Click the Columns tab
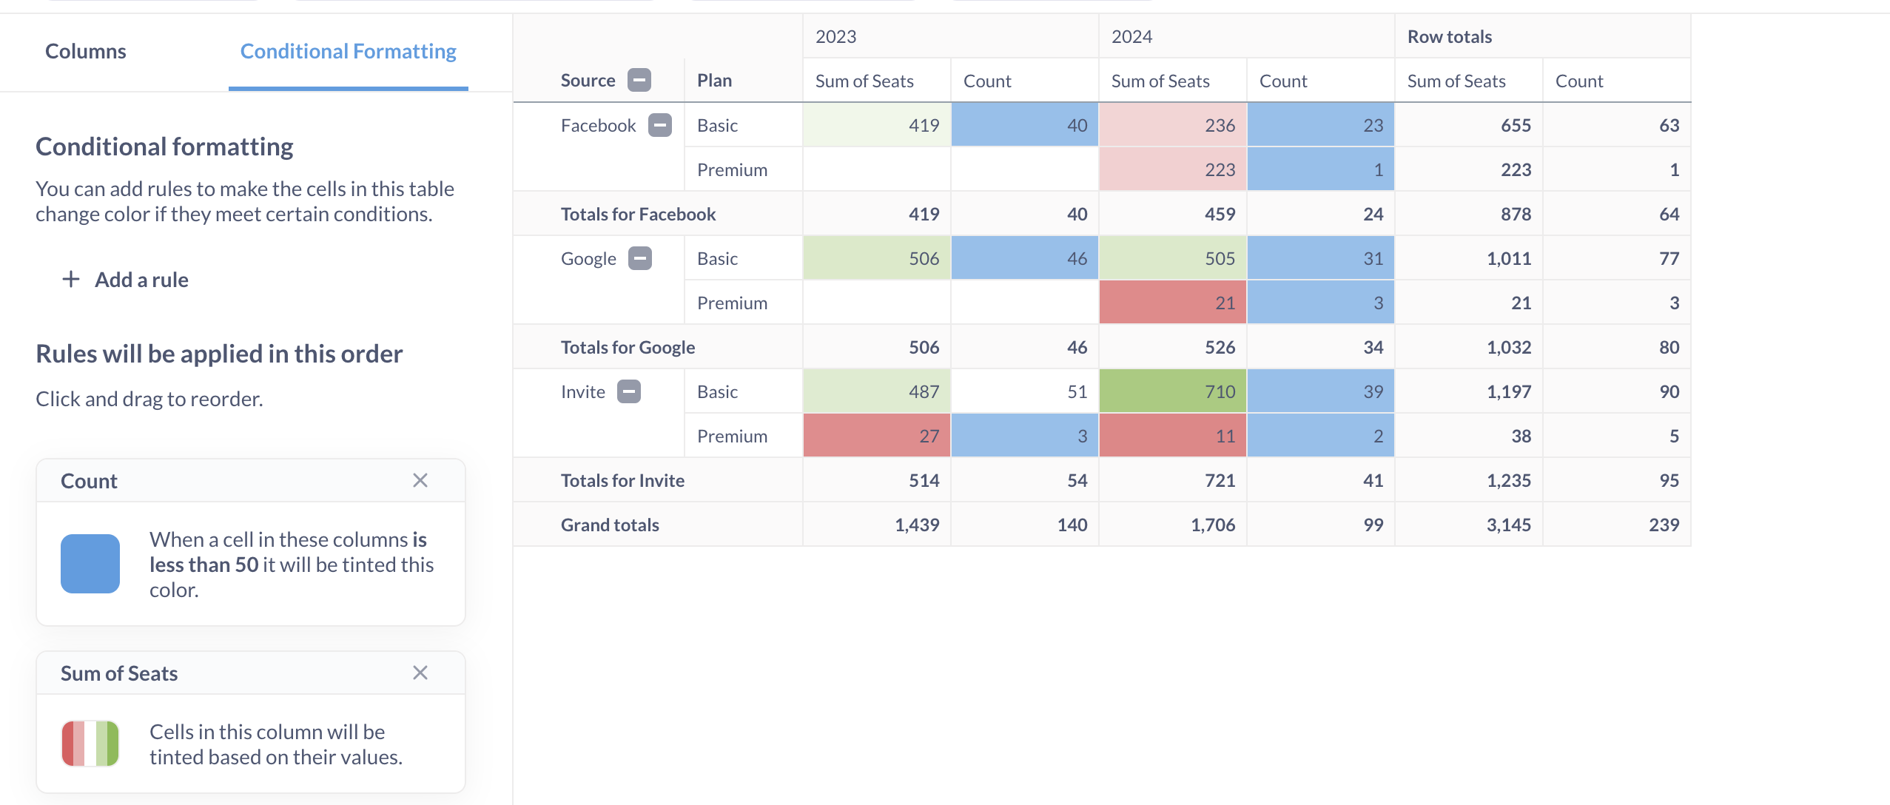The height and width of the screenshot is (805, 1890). pos(86,51)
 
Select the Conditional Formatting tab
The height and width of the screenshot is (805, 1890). pos(348,51)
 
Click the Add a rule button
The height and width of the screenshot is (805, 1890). pos(126,280)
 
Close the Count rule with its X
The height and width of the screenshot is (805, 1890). pos(420,480)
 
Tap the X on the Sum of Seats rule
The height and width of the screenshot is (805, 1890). pos(420,673)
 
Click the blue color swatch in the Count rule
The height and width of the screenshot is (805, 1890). pos(90,564)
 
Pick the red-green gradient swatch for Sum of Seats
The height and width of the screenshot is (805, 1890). pos(90,744)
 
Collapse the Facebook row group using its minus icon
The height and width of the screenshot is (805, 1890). pos(660,125)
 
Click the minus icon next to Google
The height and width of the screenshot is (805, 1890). pos(640,258)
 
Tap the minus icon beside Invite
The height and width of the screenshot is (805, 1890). pos(629,391)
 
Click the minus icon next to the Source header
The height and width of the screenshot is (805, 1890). pos(639,80)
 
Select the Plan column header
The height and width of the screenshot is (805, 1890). pos(714,81)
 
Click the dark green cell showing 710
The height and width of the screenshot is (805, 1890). pos(1173,391)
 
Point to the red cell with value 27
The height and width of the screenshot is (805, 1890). pos(877,436)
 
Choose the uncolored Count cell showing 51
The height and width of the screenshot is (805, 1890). pos(1025,391)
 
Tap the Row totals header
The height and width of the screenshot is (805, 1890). pos(1449,36)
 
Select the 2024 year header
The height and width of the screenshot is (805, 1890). pos(1132,36)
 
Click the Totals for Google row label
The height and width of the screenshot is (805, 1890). pos(628,347)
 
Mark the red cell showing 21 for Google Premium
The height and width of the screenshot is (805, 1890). pos(1173,303)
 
